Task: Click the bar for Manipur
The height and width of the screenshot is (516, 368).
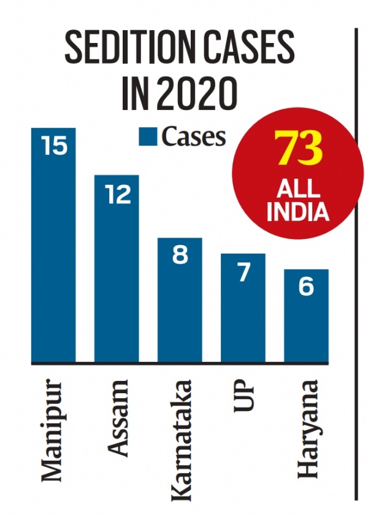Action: (x=53, y=246)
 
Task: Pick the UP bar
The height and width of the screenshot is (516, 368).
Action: (x=243, y=307)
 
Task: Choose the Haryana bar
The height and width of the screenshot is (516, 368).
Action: (x=306, y=316)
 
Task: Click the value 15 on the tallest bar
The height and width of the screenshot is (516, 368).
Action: (x=53, y=147)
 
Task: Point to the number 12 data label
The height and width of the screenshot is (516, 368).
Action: (x=117, y=194)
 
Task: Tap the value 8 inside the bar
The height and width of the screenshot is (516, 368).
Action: (x=180, y=255)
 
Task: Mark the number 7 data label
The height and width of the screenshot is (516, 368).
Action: (x=243, y=272)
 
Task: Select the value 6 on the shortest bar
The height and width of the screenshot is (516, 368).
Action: (x=306, y=287)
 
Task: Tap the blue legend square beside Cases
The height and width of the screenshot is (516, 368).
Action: (x=147, y=136)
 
